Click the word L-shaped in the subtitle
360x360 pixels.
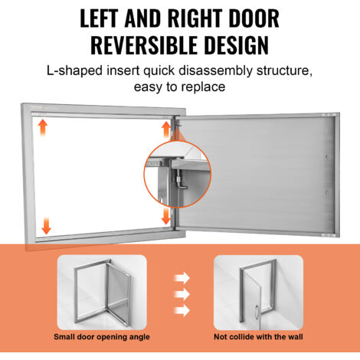pyautogui.click(x=74, y=70)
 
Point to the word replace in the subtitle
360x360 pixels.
pyautogui.click(x=203, y=87)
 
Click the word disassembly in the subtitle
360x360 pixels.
pyautogui.click(x=215, y=70)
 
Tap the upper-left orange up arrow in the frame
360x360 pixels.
pyautogui.click(x=43, y=128)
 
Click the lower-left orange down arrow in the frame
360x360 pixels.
pyautogui.click(x=46, y=226)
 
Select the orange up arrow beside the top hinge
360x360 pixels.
pyautogui.click(x=166, y=129)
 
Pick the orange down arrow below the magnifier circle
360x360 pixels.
pyautogui.click(x=166, y=216)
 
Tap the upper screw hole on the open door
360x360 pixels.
pyautogui.click(x=327, y=157)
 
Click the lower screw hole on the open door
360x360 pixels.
pyautogui.click(x=327, y=192)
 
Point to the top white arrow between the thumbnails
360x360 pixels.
pyautogui.click(x=182, y=278)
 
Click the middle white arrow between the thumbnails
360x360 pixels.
pyautogui.click(x=182, y=294)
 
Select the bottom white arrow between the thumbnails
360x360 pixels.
pyautogui.click(x=182, y=311)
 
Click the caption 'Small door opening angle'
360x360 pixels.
pyautogui.click(x=102, y=337)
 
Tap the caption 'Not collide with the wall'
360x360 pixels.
pyautogui.click(x=258, y=337)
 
